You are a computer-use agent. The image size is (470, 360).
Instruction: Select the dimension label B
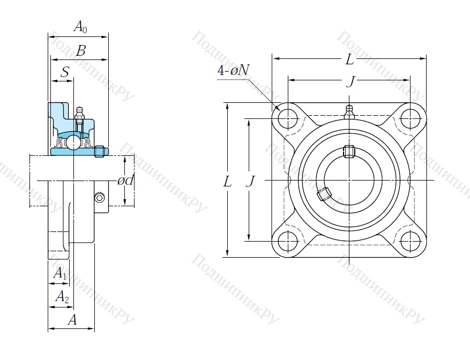[x=81, y=51]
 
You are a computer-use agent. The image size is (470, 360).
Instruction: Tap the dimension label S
[x=65, y=72]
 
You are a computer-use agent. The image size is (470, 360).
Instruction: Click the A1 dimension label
[x=60, y=274]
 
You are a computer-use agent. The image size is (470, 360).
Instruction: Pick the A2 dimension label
[x=62, y=297]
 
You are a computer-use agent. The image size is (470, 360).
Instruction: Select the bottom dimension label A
[x=72, y=320]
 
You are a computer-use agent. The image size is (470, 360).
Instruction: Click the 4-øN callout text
[x=234, y=70]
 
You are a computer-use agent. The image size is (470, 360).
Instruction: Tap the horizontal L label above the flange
[x=349, y=60]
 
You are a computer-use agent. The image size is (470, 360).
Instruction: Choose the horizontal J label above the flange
[x=350, y=81]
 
